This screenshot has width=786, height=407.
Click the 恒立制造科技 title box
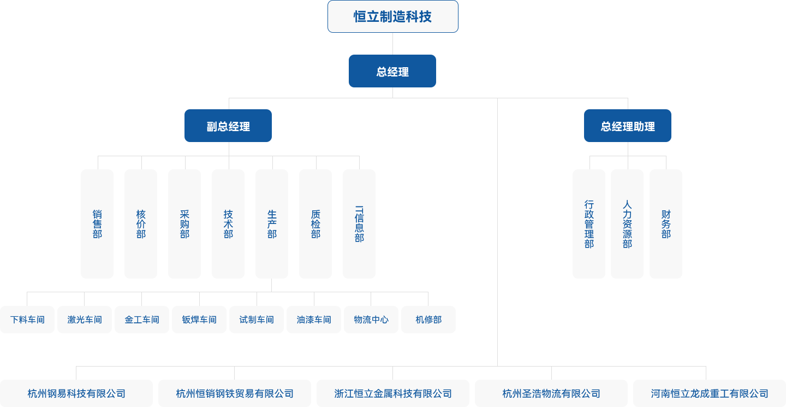point(392,16)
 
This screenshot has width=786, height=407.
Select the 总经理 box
point(392,71)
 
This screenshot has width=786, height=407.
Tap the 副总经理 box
point(228,126)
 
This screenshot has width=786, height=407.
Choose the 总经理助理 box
point(627,126)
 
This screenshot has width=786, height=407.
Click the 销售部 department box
point(97,224)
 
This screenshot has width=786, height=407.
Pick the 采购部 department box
point(184,224)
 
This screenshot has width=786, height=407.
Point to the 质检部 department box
point(315,224)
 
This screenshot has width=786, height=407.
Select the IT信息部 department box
point(359,224)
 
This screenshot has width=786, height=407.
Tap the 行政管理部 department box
point(588,224)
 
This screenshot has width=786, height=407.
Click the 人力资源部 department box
point(627,224)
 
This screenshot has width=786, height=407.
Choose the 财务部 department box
point(665,224)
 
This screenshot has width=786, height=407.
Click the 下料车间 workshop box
point(27,320)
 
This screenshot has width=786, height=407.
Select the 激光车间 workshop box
point(85,320)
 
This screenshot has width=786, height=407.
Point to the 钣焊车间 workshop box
point(199,320)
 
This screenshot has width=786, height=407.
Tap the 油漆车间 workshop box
point(314,320)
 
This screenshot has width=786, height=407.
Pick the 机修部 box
point(428,320)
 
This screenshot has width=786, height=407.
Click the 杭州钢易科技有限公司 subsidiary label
point(76,393)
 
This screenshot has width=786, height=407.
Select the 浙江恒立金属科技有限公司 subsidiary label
point(393,393)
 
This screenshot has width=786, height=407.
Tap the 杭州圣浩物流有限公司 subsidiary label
point(551,393)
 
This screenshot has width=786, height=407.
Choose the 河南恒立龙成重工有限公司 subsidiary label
point(710,393)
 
